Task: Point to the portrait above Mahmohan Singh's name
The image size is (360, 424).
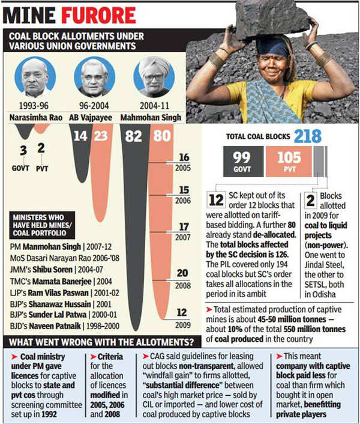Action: (x=153, y=76)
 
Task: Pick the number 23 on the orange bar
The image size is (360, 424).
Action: (x=101, y=136)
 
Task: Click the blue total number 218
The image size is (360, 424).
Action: (x=307, y=136)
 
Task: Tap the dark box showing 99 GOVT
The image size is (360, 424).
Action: (x=243, y=162)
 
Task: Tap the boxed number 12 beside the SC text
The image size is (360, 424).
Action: (x=216, y=199)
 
